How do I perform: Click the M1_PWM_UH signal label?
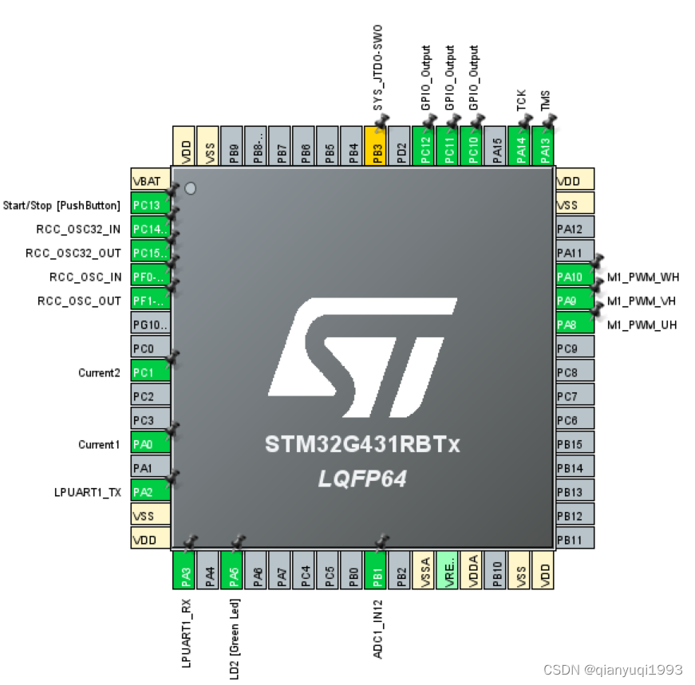coord(642,325)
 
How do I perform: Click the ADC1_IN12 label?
coord(378,629)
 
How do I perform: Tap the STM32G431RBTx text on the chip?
coord(362,445)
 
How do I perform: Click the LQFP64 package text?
coord(363,478)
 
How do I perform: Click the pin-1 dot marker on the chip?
coord(190,188)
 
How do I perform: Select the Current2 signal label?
coord(99,372)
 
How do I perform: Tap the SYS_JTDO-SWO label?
coord(378,67)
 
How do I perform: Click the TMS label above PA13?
coord(545,100)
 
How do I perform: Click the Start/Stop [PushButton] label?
coord(62,206)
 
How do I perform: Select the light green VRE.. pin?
coord(448,570)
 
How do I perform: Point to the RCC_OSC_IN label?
coord(85,277)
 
